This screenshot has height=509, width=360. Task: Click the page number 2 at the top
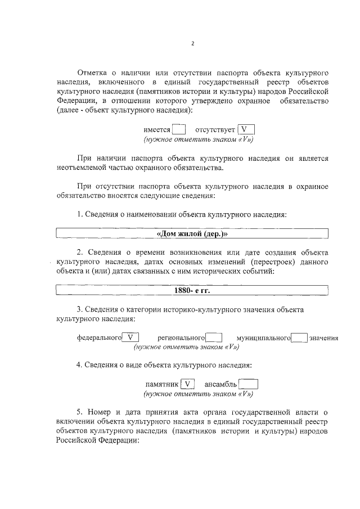coord(192,44)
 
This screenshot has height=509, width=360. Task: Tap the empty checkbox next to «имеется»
coord(179,129)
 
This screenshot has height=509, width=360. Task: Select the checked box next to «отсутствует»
coord(245,129)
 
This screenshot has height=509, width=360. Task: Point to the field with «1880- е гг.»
coord(191,291)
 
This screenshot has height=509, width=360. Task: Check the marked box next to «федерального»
coord(131,338)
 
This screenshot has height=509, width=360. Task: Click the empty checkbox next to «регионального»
coord(214,338)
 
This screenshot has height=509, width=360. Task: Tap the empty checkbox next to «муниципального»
coord(299,338)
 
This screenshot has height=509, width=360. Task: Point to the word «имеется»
coord(157,130)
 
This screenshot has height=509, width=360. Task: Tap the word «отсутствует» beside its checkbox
coord(215,130)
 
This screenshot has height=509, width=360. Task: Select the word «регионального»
coord(181,338)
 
